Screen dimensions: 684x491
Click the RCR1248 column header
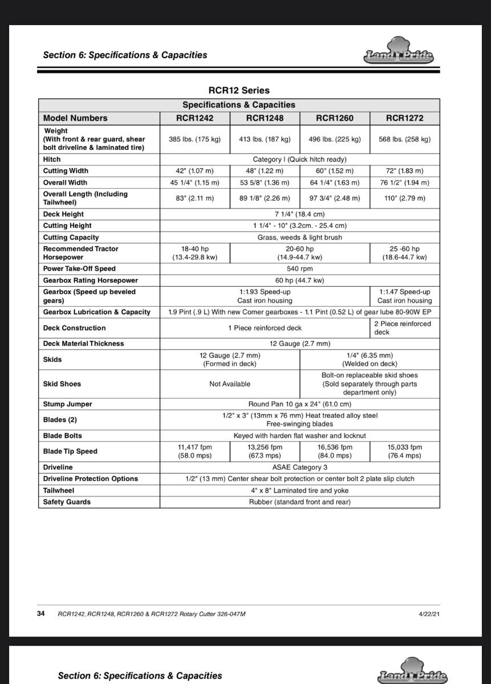point(265,119)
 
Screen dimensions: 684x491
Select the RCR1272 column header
point(404,119)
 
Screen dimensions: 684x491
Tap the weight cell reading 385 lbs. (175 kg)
point(194,139)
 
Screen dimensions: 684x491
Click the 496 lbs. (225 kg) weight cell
point(334,139)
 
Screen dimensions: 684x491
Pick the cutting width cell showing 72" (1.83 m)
point(404,171)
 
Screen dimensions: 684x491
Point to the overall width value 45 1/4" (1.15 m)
point(194,182)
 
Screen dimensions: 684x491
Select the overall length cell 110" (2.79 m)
point(404,198)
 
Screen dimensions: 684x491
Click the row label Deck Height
point(63,214)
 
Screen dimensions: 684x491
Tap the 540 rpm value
point(299,268)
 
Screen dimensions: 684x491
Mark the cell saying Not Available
point(229,384)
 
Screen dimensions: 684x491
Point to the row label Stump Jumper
point(67,404)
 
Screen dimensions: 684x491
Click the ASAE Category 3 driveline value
point(299,467)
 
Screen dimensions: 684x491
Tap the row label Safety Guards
point(67,502)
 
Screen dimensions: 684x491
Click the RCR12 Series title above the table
point(238,90)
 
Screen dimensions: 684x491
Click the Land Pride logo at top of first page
point(399,52)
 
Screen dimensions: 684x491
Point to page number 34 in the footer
point(41,614)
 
